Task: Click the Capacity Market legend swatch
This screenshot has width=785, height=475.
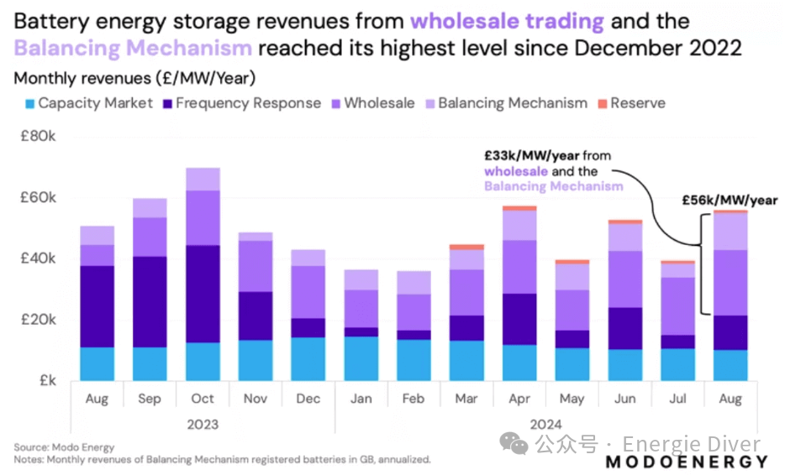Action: [x=30, y=104]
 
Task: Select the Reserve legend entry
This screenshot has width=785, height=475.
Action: [x=632, y=103]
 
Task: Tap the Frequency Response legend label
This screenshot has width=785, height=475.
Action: [x=248, y=103]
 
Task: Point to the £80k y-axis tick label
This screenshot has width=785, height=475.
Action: [x=38, y=136]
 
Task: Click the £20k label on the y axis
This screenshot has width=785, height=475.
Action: [x=38, y=320]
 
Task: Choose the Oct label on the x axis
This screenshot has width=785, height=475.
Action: [x=203, y=399]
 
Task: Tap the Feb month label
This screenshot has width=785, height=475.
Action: [x=414, y=399]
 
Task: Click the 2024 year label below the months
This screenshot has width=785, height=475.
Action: [x=545, y=425]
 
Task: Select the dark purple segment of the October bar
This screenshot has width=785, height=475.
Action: [x=203, y=294]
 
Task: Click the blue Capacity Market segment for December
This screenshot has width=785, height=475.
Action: [x=308, y=359]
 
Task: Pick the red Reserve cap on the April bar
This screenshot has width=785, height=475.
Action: [x=519, y=208]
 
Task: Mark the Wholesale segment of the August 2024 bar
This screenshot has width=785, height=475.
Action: [x=730, y=283]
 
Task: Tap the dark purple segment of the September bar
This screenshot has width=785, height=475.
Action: [x=150, y=302]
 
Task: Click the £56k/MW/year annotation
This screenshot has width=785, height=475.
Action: [x=730, y=201]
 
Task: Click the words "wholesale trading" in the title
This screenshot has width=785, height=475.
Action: [x=507, y=21]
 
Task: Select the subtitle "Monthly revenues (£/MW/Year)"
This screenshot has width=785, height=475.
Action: [x=134, y=79]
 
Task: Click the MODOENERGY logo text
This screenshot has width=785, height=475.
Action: [x=687, y=462]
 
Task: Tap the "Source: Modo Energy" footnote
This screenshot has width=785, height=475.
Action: [x=64, y=447]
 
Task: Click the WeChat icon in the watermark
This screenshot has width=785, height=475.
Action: [x=514, y=443]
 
